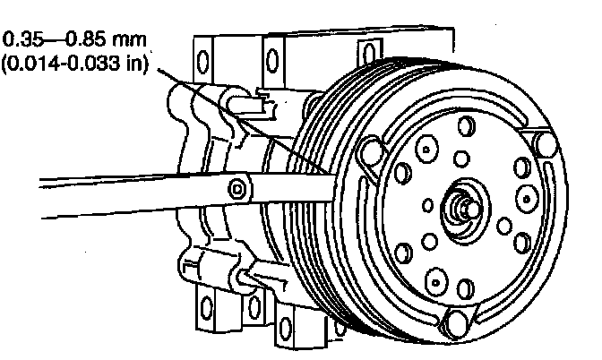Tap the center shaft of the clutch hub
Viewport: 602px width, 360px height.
click(464, 203)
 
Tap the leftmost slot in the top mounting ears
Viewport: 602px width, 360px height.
click(203, 64)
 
